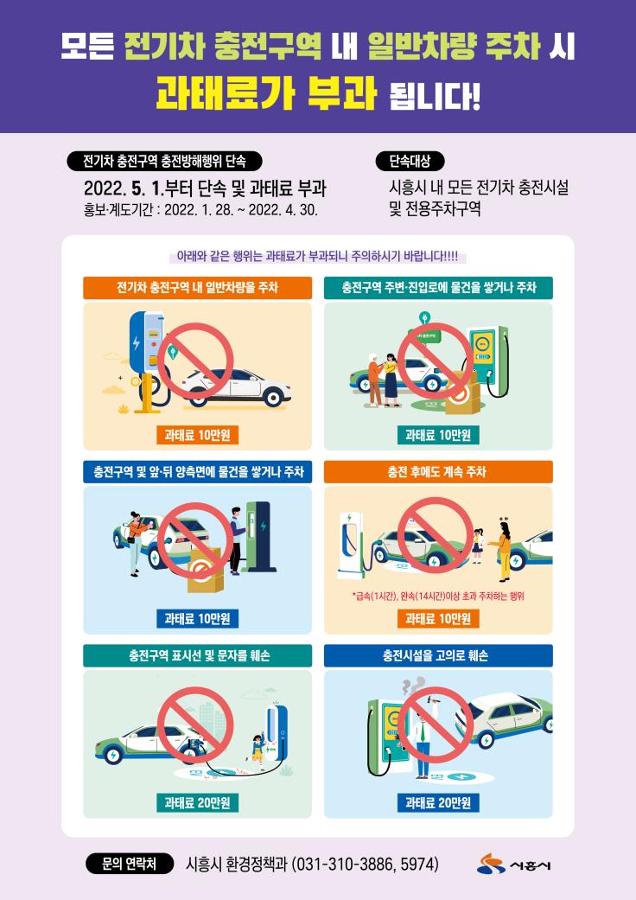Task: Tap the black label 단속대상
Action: [410, 162]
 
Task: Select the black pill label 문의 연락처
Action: [129, 864]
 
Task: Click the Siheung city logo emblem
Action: [490, 864]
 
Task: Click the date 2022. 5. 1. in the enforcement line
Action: [124, 188]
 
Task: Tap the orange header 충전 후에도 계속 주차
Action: [438, 472]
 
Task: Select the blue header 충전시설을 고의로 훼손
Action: [438, 655]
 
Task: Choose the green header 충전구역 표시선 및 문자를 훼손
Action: [197, 655]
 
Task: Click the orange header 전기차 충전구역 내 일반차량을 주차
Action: [197, 288]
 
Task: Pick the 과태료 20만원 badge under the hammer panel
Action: [438, 802]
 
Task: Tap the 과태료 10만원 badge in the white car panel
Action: [197, 435]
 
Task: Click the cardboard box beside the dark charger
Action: [206, 570]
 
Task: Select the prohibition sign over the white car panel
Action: [195, 361]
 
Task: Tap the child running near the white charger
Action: [258, 749]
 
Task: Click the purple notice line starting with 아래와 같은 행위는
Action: [317, 256]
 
